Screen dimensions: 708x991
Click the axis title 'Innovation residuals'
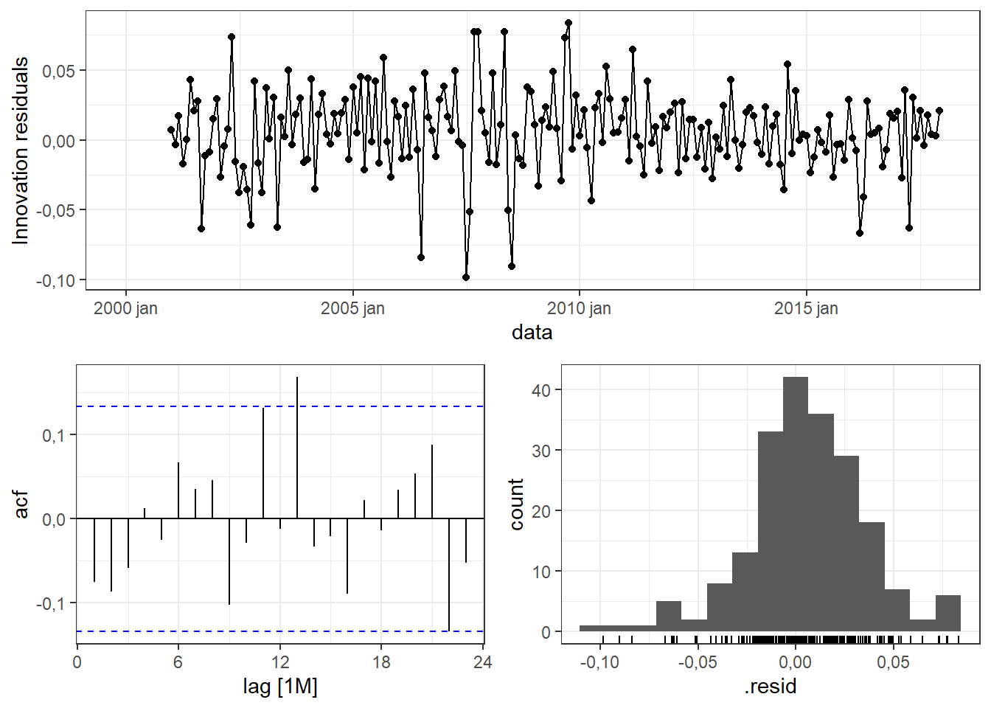pyautogui.click(x=21, y=150)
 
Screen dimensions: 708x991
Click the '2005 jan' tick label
pyautogui.click(x=352, y=308)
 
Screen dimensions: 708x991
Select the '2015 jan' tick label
pyautogui.click(x=806, y=308)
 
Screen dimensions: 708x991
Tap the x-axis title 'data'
pyautogui.click(x=532, y=333)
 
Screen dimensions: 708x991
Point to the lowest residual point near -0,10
pyautogui.click(x=466, y=277)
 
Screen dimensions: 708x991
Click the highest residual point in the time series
pyautogui.click(x=568, y=23)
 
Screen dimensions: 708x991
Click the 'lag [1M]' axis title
pyautogui.click(x=280, y=687)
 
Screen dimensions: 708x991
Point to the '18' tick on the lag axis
pyautogui.click(x=381, y=662)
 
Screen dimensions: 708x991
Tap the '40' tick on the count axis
pyautogui.click(x=540, y=390)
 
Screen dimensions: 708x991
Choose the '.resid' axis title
pyautogui.click(x=771, y=687)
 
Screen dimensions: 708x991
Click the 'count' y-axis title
pyautogui.click(x=516, y=504)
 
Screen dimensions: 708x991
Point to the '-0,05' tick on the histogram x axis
pyautogui.click(x=697, y=662)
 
